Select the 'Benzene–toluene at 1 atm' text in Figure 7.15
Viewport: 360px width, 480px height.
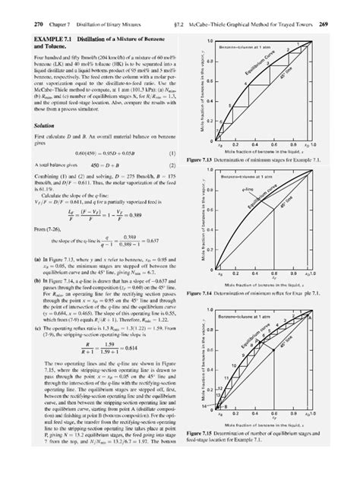coord(249,314)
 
